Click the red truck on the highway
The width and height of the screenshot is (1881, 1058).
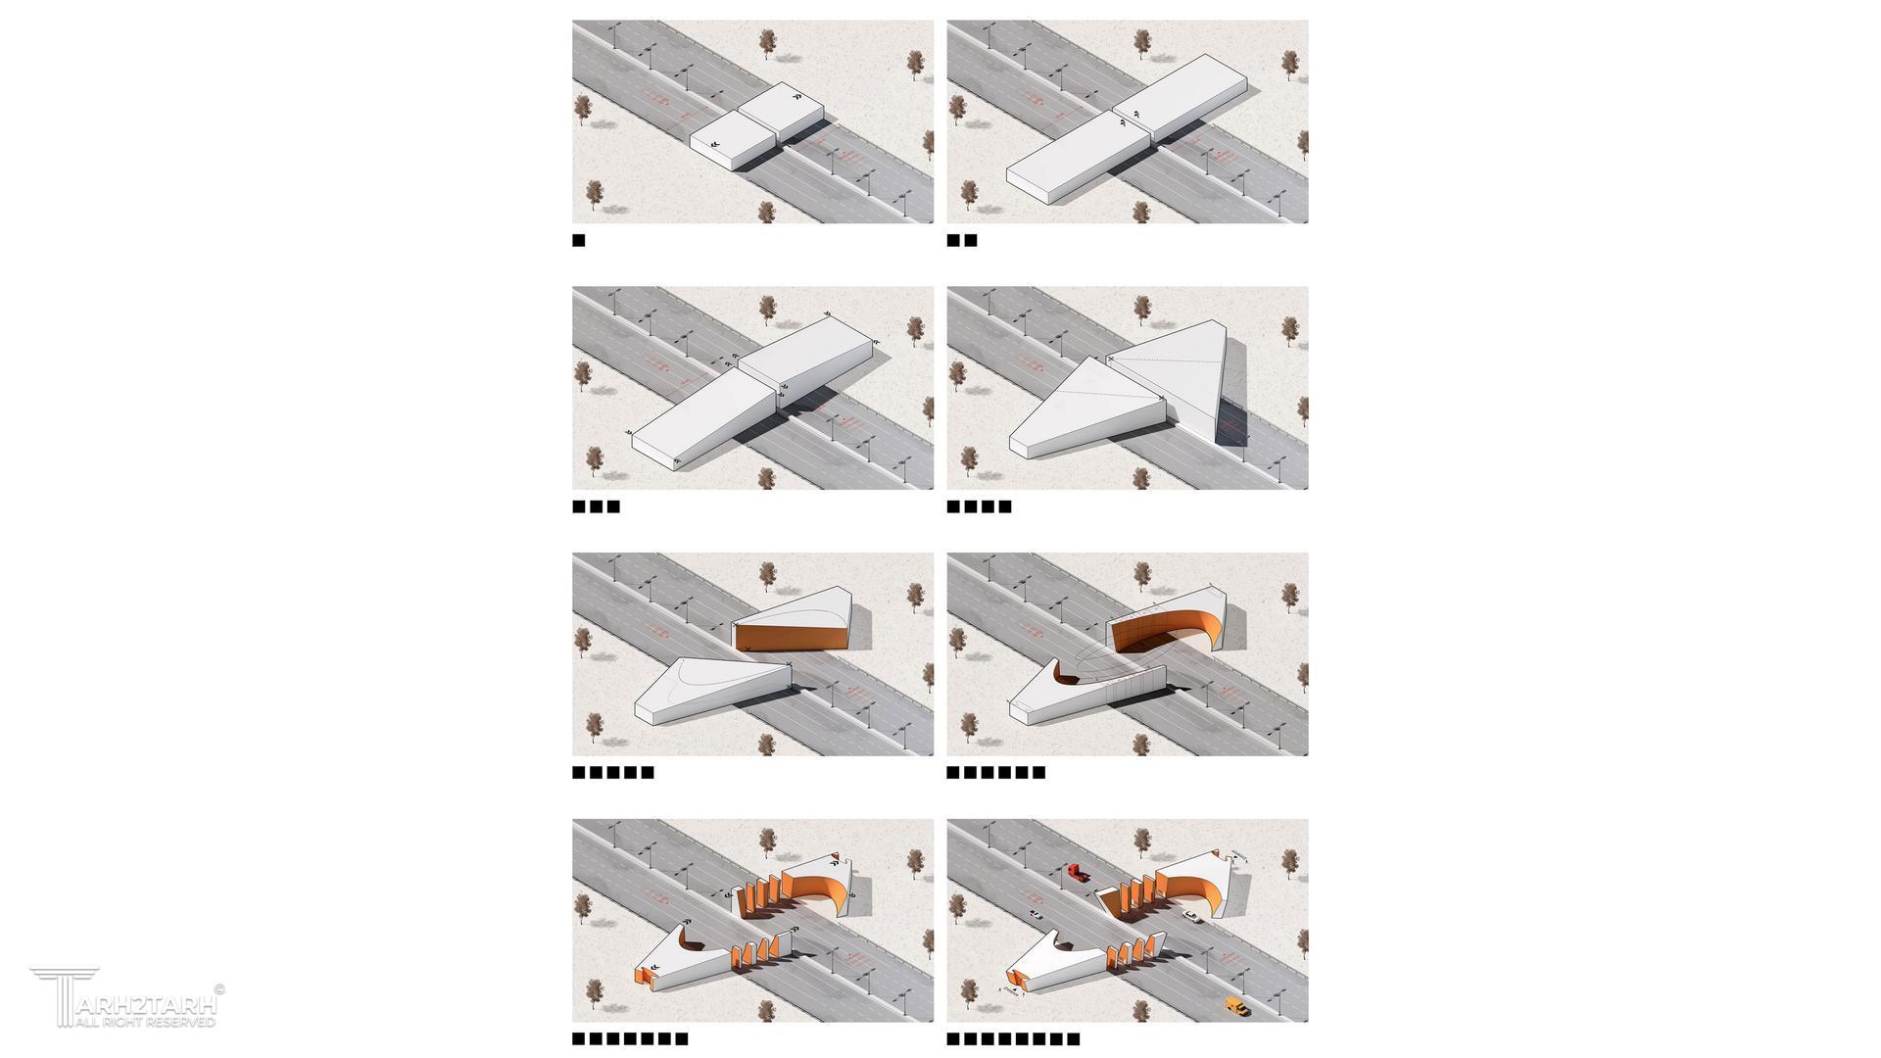click(x=1076, y=872)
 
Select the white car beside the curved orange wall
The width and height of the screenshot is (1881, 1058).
click(x=1191, y=917)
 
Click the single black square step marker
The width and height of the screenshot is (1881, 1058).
click(x=578, y=240)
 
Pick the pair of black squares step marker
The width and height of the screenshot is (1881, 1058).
click(x=962, y=240)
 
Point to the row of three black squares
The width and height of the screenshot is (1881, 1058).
click(x=596, y=506)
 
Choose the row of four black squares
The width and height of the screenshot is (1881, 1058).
click(x=979, y=506)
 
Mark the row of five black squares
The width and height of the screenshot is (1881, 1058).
click(x=613, y=772)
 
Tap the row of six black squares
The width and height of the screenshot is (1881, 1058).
click(x=996, y=772)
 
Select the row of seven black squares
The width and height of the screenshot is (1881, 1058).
click(x=630, y=1038)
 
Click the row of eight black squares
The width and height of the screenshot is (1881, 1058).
click(x=1013, y=1038)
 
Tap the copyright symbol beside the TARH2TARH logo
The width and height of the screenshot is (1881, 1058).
click(x=218, y=989)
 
